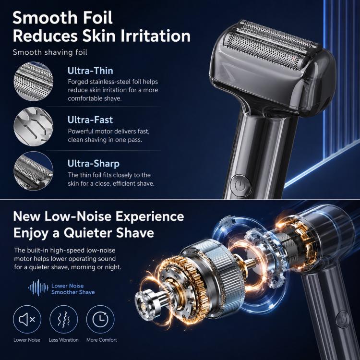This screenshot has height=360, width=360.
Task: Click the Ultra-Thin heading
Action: click(90, 71)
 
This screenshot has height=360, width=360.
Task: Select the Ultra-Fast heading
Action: click(90, 120)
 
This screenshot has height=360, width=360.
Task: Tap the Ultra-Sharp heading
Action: click(94, 164)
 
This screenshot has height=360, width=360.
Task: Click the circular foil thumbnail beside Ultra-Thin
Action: click(33, 81)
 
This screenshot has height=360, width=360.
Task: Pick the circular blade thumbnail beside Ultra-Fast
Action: click(33, 127)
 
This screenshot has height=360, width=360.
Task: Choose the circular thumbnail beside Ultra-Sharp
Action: click(33, 171)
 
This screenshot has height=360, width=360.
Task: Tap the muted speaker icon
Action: click(27, 319)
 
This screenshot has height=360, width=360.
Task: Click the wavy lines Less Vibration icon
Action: click(63, 319)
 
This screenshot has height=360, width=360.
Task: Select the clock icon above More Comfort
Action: click(100, 319)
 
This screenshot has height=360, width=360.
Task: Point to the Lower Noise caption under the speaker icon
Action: click(27, 340)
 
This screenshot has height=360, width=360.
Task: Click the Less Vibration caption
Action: click(63, 340)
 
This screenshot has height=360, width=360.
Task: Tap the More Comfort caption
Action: click(102, 340)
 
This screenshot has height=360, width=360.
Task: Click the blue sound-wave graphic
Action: click(38, 288)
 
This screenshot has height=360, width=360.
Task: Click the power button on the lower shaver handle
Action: click(343, 319)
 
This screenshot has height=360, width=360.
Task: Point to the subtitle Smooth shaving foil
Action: click(50, 52)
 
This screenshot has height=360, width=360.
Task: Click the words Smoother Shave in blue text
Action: click(73, 292)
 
